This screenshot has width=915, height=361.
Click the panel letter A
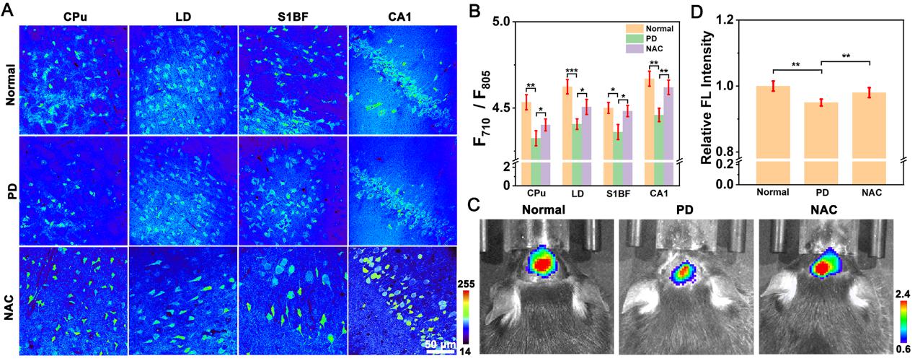click(x=7, y=10)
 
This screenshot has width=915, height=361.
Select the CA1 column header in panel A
click(x=403, y=14)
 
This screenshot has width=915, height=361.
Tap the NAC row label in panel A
click(x=9, y=300)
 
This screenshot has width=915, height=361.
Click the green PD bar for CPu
click(x=536, y=162)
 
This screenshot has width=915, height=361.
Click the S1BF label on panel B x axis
click(x=616, y=193)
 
